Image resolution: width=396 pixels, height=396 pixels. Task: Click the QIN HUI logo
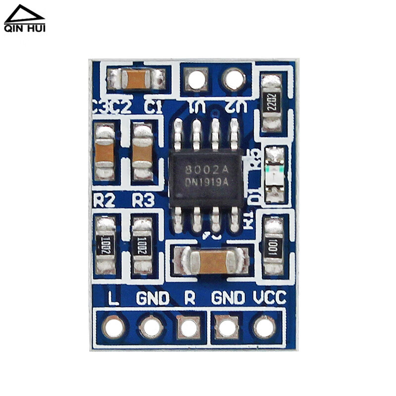25,19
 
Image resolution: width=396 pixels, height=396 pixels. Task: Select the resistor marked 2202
271,102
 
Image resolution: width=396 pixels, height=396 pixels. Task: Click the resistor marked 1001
273,246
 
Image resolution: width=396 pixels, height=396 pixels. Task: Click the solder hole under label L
114,327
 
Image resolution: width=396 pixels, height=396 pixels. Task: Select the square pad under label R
189,327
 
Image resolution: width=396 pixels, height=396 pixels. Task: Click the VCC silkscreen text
269,297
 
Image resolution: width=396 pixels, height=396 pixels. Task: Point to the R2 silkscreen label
104,200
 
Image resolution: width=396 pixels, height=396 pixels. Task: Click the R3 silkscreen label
143,200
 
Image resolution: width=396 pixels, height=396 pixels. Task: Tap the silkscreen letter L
113,297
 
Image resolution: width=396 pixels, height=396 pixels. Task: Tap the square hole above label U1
196,79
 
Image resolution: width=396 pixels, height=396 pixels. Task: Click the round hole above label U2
234,79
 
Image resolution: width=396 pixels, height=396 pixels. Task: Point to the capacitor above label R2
104,151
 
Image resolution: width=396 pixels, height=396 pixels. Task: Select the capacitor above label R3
142,151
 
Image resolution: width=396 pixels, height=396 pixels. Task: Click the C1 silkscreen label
152,106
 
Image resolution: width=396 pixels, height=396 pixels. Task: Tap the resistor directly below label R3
142,246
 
